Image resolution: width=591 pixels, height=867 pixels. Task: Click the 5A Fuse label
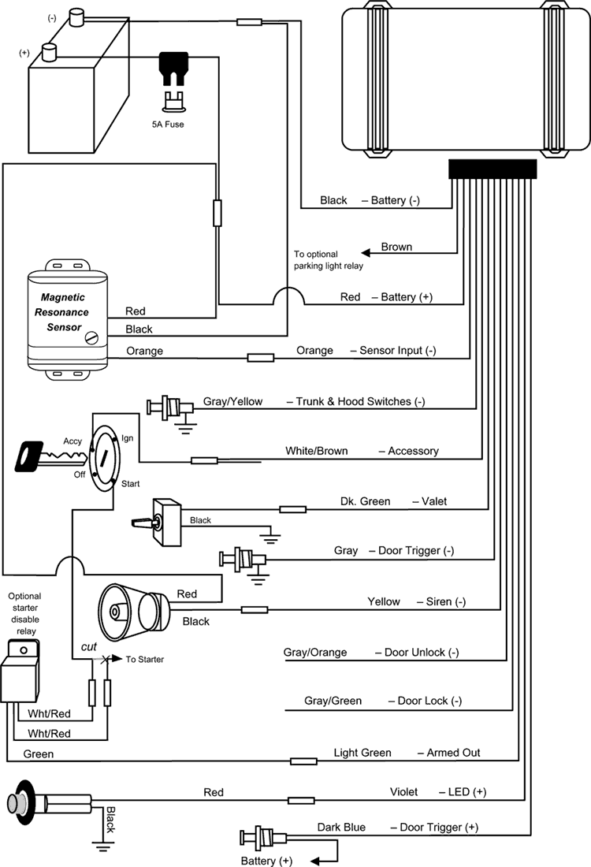point(168,125)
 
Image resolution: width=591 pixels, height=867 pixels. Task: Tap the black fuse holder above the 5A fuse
point(173,68)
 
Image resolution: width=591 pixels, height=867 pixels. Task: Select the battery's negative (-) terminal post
point(76,17)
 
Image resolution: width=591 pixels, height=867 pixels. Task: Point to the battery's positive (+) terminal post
point(50,53)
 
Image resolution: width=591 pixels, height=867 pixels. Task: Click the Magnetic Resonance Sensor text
point(62,312)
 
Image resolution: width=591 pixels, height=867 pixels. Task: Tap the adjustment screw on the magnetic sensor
point(91,337)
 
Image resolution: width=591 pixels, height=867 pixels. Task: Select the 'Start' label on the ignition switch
point(131,484)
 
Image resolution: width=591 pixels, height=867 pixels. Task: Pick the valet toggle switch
point(158,522)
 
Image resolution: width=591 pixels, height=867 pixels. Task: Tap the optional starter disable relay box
point(20,671)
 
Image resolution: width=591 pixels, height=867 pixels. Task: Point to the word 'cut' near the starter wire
point(88,646)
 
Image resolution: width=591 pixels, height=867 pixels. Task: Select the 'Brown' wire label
point(396,247)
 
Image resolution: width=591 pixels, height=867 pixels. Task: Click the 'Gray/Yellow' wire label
point(232,401)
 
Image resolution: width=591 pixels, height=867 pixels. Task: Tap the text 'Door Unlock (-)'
point(422,653)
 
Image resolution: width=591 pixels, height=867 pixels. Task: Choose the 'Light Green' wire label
point(362,753)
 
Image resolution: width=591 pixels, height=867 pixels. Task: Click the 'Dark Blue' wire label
point(341,827)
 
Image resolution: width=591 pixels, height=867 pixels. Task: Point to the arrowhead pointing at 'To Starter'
point(117,659)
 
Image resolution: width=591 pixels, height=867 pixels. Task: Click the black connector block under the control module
point(492,169)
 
